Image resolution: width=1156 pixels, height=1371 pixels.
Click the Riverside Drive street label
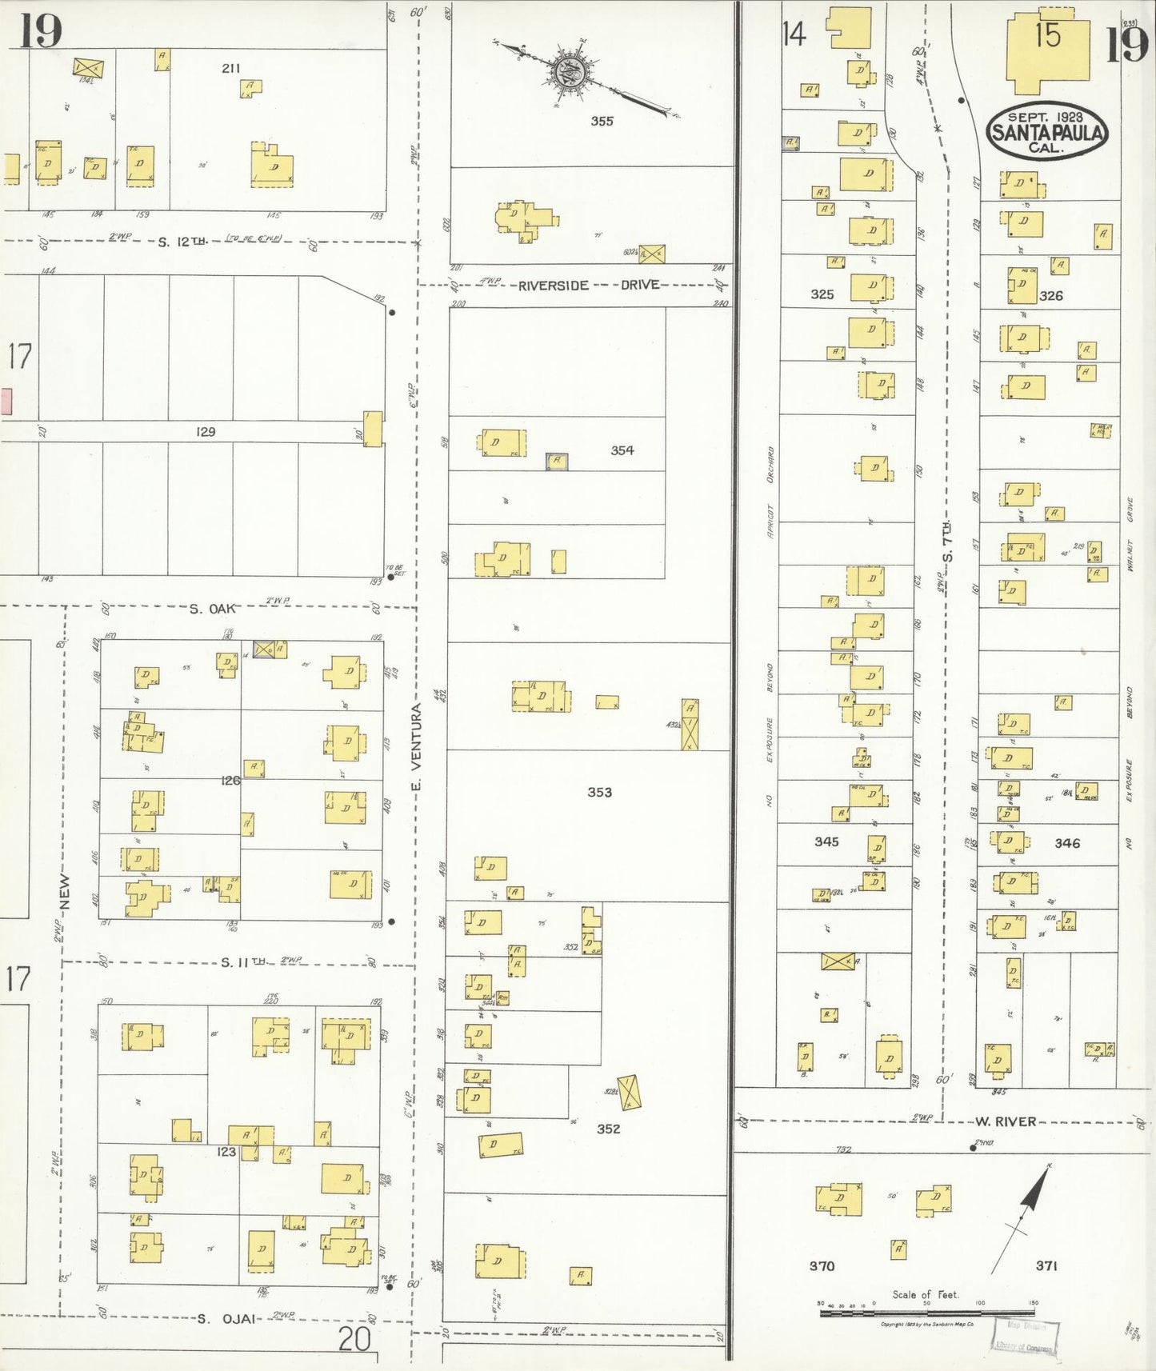(x=589, y=285)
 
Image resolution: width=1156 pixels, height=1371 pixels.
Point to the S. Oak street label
(x=213, y=609)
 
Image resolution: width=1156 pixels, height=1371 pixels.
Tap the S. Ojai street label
(x=227, y=1318)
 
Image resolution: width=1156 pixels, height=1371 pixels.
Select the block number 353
(x=599, y=792)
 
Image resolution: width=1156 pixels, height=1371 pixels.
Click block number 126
(x=230, y=780)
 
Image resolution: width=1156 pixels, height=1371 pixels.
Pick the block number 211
(x=230, y=69)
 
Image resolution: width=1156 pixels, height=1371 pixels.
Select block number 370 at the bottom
(x=822, y=1265)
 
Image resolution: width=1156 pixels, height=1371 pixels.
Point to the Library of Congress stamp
(x=1026, y=1336)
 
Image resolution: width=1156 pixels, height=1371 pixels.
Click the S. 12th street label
(x=183, y=241)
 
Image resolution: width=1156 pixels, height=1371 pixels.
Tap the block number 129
(x=206, y=431)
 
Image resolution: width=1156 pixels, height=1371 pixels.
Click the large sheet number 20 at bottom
(x=354, y=1338)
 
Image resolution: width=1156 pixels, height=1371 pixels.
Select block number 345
(x=826, y=841)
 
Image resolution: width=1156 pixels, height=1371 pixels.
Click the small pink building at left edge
(x=6, y=401)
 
